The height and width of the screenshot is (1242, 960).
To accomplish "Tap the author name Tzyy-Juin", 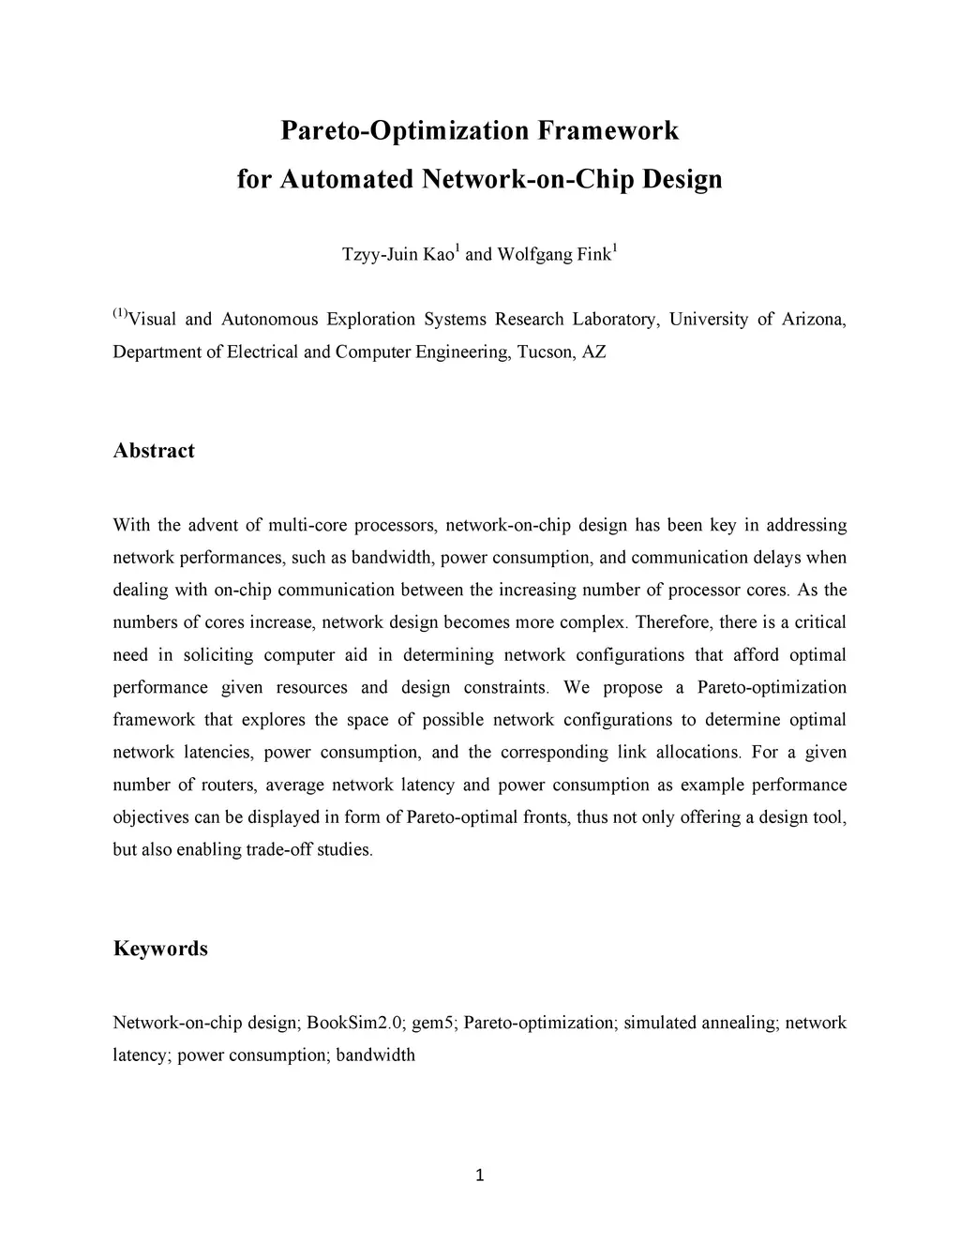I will [x=381, y=255].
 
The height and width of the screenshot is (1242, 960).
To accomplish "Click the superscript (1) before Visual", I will [x=120, y=313].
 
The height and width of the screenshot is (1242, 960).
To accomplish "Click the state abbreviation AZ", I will [x=594, y=352].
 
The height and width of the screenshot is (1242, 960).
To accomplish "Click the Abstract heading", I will [x=154, y=451].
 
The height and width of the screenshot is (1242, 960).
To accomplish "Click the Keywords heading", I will [x=160, y=949].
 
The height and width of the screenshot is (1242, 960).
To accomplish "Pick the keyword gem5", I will [x=433, y=1023].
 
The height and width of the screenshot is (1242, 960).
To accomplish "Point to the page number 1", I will [x=480, y=1176].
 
